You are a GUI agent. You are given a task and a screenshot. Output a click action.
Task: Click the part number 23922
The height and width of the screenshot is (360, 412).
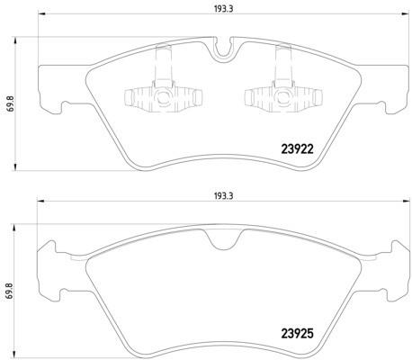point(297,149)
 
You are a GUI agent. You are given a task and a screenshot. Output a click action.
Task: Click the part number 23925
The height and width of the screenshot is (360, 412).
point(297,334)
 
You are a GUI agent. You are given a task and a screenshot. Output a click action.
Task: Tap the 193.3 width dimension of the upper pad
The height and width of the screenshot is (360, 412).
point(223,9)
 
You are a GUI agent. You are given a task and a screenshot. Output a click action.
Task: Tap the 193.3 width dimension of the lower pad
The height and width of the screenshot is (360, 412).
point(223,196)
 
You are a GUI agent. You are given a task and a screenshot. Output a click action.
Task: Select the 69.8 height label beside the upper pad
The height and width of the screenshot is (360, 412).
point(11,103)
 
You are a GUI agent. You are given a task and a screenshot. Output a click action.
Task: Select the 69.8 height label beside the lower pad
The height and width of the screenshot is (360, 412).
point(11,291)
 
